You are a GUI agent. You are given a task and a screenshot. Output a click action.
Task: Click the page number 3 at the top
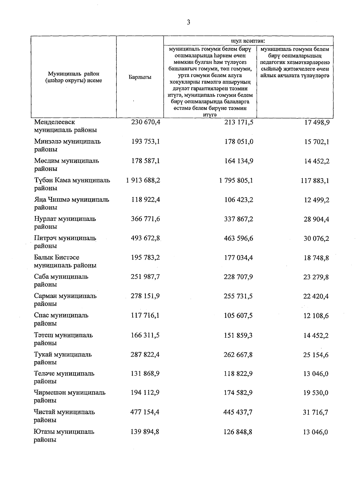pyautogui.click(x=188, y=22)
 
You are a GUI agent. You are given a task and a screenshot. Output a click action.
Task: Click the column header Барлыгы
pyautogui.click(x=140, y=77)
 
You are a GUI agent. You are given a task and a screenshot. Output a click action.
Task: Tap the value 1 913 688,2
pyautogui.click(x=143, y=180)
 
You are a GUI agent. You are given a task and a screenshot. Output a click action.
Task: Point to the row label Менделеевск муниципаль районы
pyautogui.click(x=65, y=126)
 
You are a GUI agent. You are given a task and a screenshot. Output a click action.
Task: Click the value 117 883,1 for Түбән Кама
pyautogui.click(x=315, y=180)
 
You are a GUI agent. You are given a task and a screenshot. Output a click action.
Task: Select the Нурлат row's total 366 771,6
pyautogui.click(x=145, y=219)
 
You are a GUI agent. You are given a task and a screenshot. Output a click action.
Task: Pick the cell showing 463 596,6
pyautogui.click(x=238, y=238)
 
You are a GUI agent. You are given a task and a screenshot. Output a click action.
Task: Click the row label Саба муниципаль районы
pyautogui.click(x=61, y=280)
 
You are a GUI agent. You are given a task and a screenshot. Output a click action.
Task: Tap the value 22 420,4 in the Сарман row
pyautogui.click(x=316, y=296)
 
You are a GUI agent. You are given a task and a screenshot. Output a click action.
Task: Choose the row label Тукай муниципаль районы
pyautogui.click(x=62, y=358)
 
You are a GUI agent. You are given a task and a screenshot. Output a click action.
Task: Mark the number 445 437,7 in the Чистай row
pyautogui.click(x=238, y=412)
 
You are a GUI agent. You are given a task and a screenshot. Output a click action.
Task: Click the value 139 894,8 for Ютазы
pyautogui.click(x=145, y=432)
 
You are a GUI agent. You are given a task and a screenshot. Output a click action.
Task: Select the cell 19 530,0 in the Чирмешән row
pyautogui.click(x=316, y=393)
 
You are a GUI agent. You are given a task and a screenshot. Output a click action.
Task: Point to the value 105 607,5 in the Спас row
pyautogui.click(x=238, y=316)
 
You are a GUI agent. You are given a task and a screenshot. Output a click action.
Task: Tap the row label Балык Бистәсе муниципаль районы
pyautogui.click(x=65, y=261)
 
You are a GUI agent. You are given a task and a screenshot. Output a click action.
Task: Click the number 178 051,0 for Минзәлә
pyautogui.click(x=239, y=141)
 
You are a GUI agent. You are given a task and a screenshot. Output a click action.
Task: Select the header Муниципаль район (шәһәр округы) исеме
pyautogui.click(x=73, y=77)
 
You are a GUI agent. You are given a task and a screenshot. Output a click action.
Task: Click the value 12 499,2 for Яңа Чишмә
pyautogui.click(x=316, y=200)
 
